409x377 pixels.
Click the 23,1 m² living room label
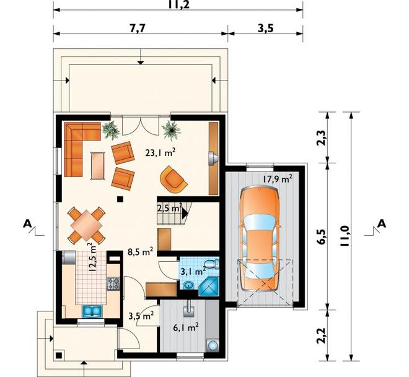click(160, 153)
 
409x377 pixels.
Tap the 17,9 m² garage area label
click(277, 179)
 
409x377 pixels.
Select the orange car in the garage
click(259, 239)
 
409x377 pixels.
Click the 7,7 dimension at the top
click(138, 28)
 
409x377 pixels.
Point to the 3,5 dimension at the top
click(265, 28)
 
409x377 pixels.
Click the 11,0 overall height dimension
click(345, 236)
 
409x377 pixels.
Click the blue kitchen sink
click(92, 311)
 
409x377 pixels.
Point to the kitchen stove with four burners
click(113, 284)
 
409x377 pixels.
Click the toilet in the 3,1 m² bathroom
click(212, 264)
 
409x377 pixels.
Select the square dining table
click(87, 225)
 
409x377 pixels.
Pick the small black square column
click(120, 199)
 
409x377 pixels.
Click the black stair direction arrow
click(185, 214)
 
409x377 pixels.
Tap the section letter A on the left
click(27, 223)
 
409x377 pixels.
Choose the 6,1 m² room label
click(186, 327)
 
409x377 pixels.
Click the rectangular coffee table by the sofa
click(98, 166)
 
